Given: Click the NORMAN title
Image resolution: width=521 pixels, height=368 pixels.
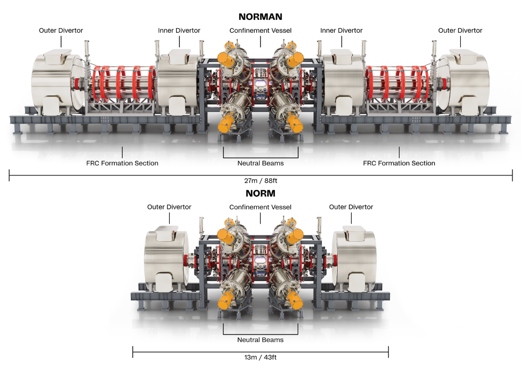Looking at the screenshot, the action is tap(260, 16).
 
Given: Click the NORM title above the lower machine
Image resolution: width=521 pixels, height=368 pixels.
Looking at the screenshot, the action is tap(260, 193).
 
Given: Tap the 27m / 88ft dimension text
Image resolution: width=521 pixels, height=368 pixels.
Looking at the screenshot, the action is tap(260, 181).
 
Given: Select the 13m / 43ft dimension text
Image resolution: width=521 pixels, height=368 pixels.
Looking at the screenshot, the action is tap(260, 357).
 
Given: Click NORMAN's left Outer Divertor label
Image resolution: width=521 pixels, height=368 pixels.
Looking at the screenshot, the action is tap(61, 30).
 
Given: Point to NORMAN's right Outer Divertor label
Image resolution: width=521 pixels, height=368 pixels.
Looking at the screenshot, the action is tap(460, 30).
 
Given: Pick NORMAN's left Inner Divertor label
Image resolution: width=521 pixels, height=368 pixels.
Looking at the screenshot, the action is tap(179, 30).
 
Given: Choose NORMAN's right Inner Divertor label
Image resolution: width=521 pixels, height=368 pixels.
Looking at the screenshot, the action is tap(341, 30).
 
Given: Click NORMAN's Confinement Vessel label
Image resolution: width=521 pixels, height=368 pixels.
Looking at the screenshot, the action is tap(260, 30).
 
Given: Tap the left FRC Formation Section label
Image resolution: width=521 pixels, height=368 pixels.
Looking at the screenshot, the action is tap(122, 163).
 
